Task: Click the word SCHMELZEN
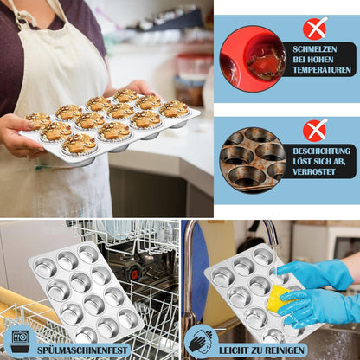tap(315, 49)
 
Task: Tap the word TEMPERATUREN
tap(322, 70)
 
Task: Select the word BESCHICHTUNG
tap(322, 151)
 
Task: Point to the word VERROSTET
tap(314, 172)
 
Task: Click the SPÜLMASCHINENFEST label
tap(82, 350)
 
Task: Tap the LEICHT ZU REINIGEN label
tap(261, 350)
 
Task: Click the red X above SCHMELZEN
tap(315, 28)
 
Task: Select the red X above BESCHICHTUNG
tap(315, 130)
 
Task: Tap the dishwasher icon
tap(20, 341)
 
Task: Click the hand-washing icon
tap(201, 341)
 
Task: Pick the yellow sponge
tap(278, 299)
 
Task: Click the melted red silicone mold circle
tap(253, 61)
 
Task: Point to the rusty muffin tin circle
tap(253, 160)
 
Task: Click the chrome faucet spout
tap(270, 231)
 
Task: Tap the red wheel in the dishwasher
tap(134, 272)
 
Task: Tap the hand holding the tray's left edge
tap(20, 135)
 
